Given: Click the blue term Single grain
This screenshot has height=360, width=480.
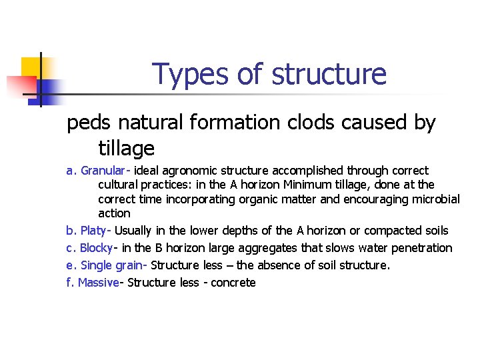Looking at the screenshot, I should coord(111,265).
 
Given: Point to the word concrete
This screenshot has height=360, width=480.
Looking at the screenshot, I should coord(233,283).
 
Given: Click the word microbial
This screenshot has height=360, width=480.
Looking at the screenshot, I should coord(436,199).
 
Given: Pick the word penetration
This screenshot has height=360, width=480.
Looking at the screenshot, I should coord(422,248).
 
